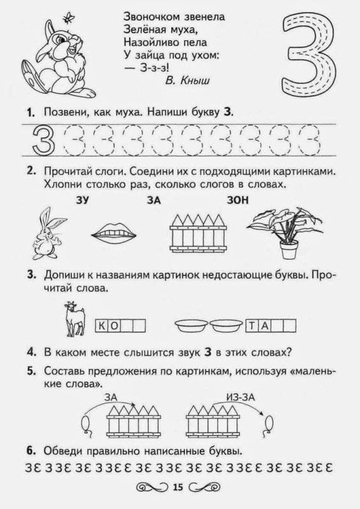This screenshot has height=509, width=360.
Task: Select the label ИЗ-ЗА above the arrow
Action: pyautogui.click(x=242, y=398)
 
